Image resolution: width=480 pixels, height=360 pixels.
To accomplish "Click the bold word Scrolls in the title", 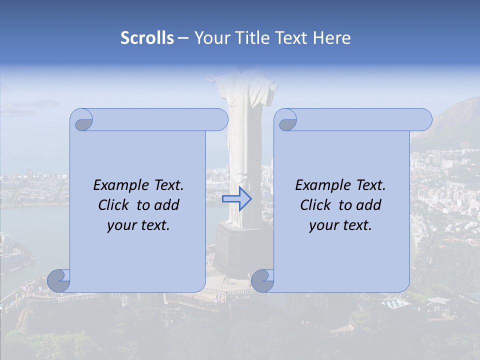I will pos(147,38).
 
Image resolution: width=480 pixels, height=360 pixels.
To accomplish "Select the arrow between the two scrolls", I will pos(236,199).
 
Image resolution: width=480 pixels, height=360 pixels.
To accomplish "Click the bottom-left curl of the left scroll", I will pos(59,281).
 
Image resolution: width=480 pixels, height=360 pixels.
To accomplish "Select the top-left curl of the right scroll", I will pos(286,120).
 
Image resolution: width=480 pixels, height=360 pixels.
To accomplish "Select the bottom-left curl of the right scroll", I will pos(262,281).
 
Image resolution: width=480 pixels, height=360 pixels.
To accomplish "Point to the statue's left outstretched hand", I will pos(211,79).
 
